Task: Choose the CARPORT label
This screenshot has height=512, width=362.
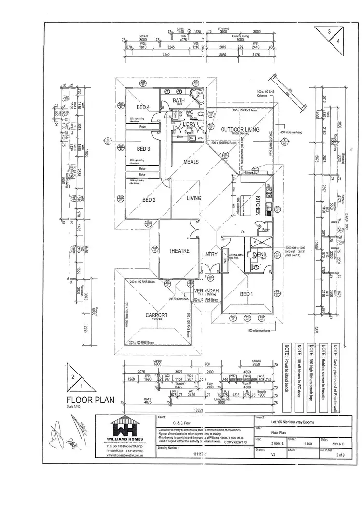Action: click(156, 315)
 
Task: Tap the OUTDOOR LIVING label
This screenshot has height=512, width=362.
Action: click(240, 130)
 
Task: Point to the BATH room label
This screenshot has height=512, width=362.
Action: click(180, 100)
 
